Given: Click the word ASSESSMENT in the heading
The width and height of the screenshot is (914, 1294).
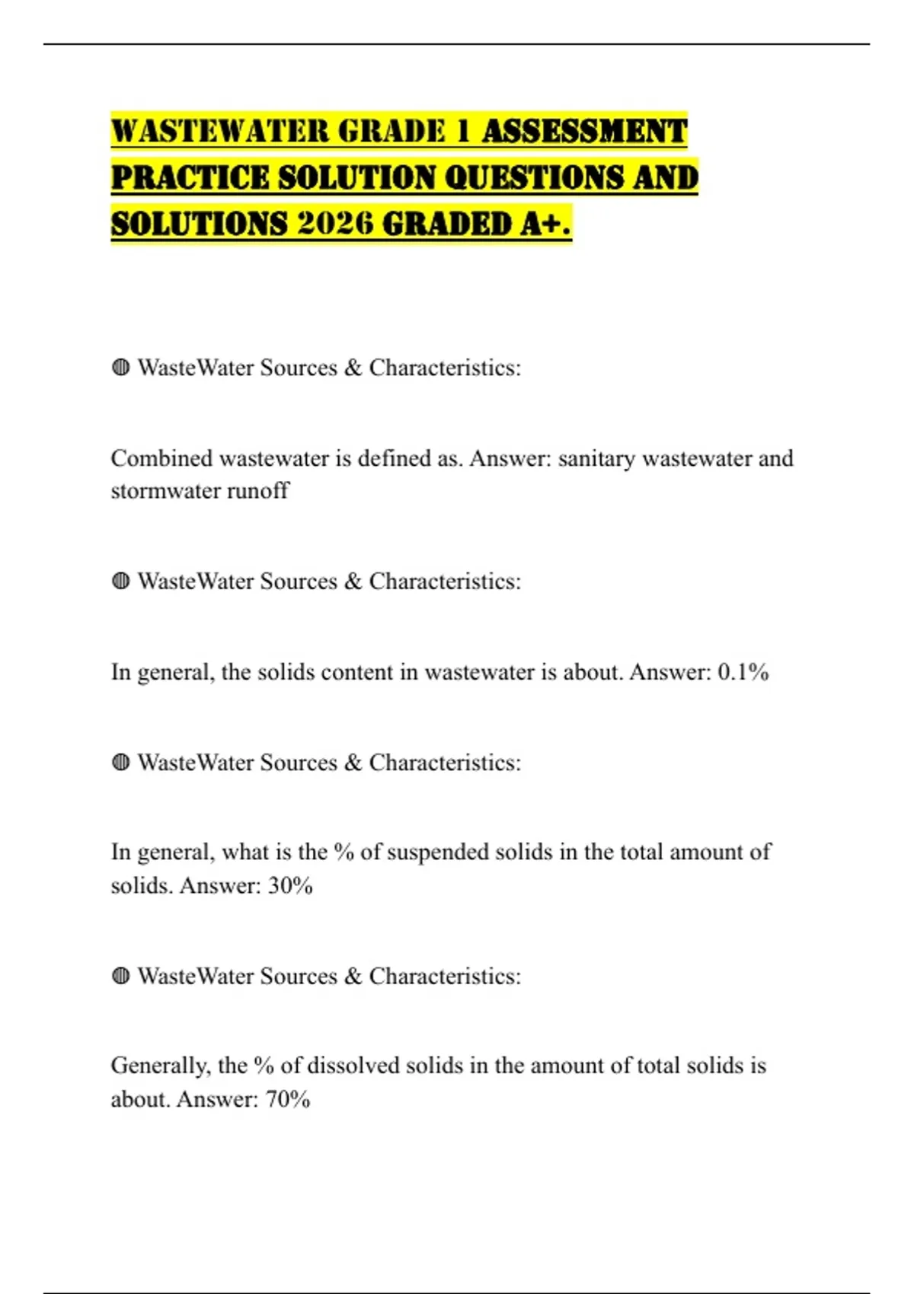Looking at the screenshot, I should click(x=584, y=131).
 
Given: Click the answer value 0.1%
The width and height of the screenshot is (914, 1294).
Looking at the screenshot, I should click(x=743, y=672).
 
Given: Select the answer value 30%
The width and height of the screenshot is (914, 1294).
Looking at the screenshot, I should click(x=290, y=886).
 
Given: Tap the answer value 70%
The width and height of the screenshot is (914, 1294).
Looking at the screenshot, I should click(x=288, y=1100).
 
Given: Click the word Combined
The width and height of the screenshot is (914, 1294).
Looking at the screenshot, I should click(x=161, y=458).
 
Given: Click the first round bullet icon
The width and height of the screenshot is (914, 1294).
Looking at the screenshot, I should click(x=120, y=368).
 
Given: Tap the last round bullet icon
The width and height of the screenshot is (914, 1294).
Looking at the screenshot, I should click(x=120, y=976).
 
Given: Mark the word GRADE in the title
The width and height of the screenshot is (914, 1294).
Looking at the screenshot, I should click(x=391, y=131).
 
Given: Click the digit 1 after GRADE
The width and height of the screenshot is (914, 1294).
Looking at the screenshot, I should click(x=462, y=131).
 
